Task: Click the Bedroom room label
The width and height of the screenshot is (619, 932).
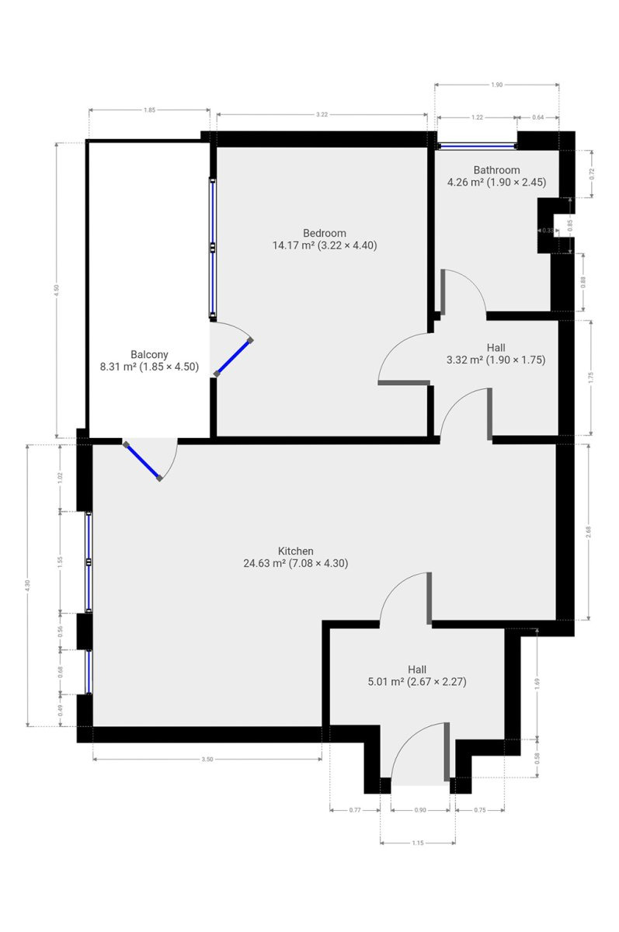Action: click(x=325, y=233)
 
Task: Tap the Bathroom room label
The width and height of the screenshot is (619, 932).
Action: click(x=497, y=170)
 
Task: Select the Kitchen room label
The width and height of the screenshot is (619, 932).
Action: click(x=296, y=551)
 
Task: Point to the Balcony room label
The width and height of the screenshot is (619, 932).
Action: click(x=149, y=355)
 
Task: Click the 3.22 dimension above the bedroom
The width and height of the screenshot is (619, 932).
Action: click(x=322, y=115)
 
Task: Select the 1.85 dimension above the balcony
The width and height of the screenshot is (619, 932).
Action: click(x=149, y=110)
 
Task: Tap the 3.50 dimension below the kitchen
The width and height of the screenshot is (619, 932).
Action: click(x=207, y=760)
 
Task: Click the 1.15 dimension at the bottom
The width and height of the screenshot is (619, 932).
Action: click(x=418, y=843)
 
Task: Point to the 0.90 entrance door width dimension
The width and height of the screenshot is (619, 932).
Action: click(x=420, y=810)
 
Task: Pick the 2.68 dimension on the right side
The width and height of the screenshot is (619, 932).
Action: click(x=588, y=532)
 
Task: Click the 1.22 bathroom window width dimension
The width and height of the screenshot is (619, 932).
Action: click(x=477, y=117)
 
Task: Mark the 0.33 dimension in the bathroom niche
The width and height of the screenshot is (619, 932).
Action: click(x=548, y=231)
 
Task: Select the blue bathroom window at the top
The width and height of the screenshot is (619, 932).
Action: click(x=478, y=147)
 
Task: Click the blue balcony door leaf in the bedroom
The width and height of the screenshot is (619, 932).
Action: click(x=233, y=357)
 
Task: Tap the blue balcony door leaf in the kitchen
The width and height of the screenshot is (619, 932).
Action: click(x=143, y=461)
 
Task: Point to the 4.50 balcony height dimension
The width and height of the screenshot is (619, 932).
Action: click(x=57, y=290)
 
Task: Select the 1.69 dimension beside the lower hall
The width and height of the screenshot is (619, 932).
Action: click(x=537, y=683)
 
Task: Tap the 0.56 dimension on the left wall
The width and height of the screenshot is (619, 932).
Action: click(x=61, y=631)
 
